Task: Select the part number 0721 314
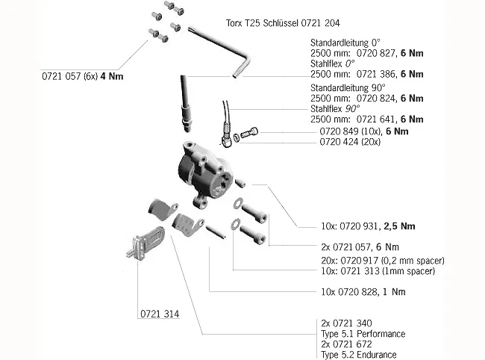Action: (159, 314)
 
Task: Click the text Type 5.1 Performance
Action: (361, 334)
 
